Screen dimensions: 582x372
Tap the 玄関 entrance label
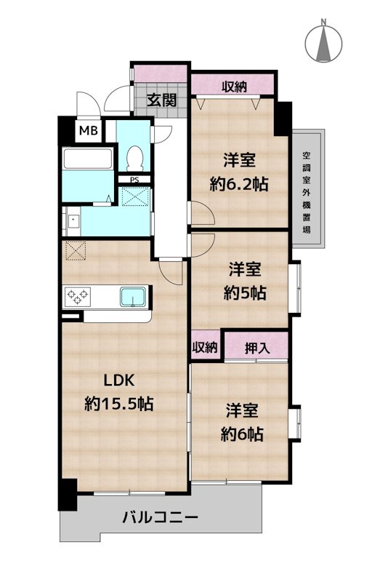161,100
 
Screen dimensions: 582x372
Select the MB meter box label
89,132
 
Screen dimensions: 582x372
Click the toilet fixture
134,156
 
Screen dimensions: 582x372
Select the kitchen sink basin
132,298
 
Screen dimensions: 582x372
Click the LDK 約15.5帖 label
118,392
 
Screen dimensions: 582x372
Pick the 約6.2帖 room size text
239,185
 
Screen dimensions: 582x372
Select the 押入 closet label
256,347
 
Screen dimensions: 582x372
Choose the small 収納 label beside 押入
206,347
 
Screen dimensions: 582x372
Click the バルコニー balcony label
160,518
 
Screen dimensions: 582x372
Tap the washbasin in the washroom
73,220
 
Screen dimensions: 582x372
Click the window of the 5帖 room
295,287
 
